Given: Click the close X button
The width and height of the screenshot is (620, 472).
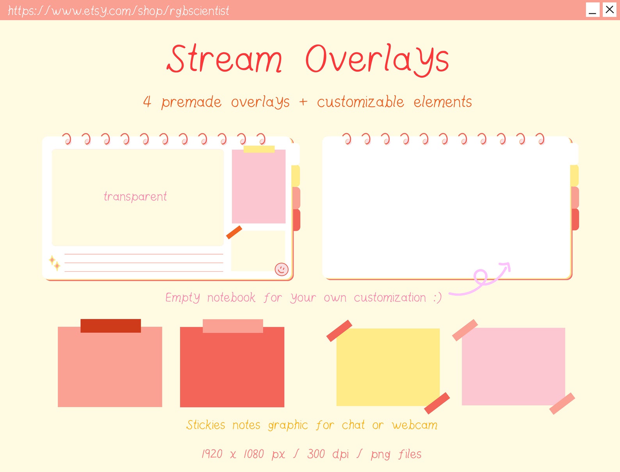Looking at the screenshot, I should (609, 9).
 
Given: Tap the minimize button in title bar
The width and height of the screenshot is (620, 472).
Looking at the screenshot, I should (593, 10).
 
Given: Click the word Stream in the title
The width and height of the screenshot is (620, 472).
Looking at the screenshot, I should (224, 59).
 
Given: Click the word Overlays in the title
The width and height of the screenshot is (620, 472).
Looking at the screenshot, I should (377, 59).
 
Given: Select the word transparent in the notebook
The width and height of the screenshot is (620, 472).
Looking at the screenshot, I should (135, 196).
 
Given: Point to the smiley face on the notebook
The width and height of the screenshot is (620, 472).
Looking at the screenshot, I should (281, 269).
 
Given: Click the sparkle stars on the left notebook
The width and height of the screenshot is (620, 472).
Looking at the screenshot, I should (54, 263).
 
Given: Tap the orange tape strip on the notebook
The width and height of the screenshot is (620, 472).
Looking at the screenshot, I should (234, 232).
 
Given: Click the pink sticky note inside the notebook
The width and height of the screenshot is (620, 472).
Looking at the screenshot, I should (258, 187).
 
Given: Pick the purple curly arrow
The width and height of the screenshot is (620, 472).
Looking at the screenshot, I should (482, 280).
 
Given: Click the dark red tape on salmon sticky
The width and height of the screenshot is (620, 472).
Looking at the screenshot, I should (110, 326).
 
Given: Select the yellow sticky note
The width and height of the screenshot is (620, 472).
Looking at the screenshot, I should (388, 367).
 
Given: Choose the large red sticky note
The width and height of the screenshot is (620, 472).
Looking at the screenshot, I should (232, 367).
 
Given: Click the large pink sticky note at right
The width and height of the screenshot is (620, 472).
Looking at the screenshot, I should (513, 366).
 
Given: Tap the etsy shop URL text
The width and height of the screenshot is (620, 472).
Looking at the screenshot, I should (118, 11).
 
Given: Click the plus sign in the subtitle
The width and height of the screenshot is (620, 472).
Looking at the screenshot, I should (303, 102).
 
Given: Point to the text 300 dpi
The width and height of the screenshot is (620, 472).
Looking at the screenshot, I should (328, 454).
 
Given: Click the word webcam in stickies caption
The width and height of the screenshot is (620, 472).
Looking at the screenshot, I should (415, 425).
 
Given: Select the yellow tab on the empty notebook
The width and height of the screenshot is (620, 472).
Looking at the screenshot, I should (574, 175).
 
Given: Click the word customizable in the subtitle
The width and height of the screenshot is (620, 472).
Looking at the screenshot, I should (360, 102).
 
